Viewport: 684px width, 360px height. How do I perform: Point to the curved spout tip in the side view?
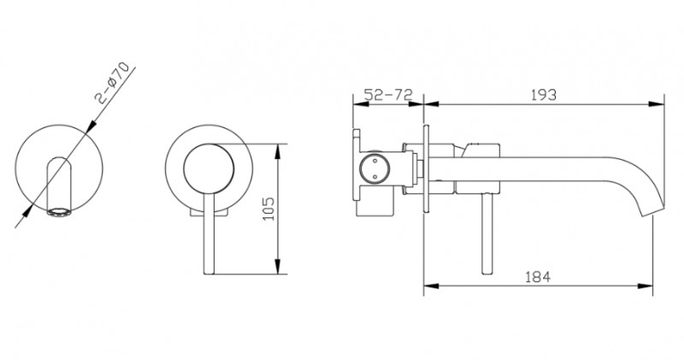(652, 210)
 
